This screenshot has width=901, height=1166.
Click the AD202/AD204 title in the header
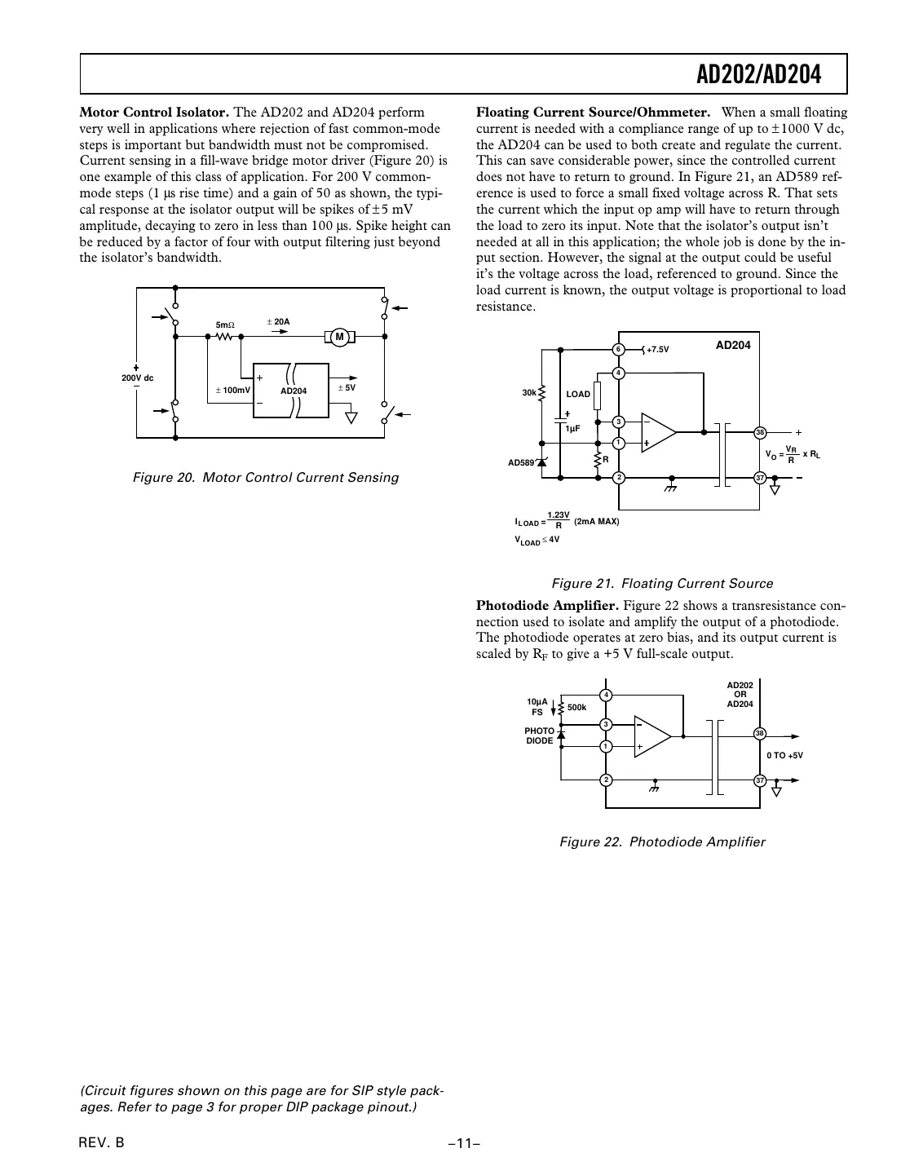[x=758, y=75]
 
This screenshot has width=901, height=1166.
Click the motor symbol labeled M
[x=340, y=337]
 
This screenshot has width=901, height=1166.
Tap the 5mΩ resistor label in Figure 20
[x=225, y=325]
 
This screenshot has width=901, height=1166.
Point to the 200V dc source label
[x=137, y=378]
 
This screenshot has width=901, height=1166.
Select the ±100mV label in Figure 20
[x=232, y=391]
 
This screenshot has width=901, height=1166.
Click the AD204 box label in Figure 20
[x=294, y=391]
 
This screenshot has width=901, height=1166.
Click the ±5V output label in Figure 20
[x=347, y=388]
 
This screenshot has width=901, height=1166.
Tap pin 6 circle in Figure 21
[x=619, y=349]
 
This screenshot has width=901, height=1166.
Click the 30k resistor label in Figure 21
[x=529, y=393]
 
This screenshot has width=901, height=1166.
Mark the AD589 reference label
[x=522, y=462]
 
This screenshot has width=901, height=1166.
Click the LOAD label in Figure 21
[x=578, y=395]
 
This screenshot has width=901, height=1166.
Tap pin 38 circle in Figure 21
[x=759, y=432]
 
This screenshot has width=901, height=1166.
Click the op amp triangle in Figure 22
[x=651, y=736]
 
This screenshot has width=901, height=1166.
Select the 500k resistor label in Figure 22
[x=576, y=708]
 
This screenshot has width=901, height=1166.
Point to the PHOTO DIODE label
[x=539, y=736]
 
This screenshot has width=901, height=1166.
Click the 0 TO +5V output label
[x=784, y=756]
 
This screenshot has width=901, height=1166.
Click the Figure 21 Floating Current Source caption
[x=662, y=584]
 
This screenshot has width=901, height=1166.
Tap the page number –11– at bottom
[x=462, y=1143]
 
